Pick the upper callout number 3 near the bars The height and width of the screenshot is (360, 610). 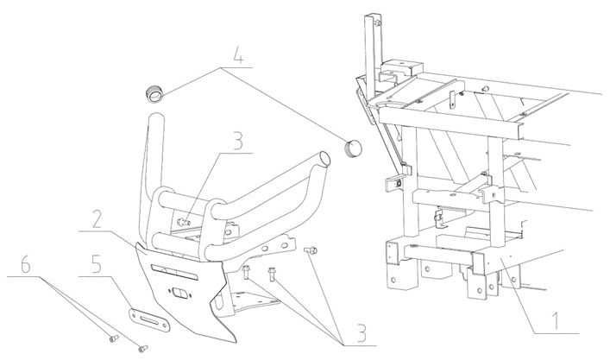click(236, 140)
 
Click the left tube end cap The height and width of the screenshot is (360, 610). click(154, 92)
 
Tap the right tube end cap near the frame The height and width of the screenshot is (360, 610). click(352, 148)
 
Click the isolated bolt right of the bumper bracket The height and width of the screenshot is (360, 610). click(311, 250)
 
